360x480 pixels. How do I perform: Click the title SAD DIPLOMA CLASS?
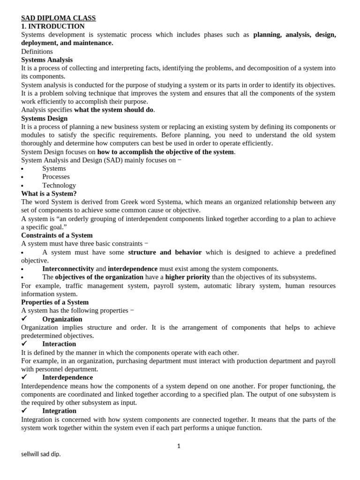point(58,18)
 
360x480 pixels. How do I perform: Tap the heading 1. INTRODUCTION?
point(53,26)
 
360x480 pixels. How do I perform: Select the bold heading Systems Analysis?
point(47,60)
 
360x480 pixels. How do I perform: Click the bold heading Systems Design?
point(45,118)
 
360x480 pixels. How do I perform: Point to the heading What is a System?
point(49,193)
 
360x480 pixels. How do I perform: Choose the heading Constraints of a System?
point(57,235)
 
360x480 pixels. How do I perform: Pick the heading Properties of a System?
point(55,302)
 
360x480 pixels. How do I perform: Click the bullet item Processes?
point(56,177)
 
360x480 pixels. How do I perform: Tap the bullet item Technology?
point(59,185)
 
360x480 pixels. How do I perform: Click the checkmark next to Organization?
point(24,319)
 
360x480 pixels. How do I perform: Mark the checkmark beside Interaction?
point(24,344)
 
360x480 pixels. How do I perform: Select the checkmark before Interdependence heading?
point(24,377)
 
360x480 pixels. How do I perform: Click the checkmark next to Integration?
point(24,411)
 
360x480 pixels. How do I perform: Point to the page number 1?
point(179,446)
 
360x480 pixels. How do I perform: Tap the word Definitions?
point(37,51)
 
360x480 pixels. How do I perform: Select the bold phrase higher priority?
point(187,277)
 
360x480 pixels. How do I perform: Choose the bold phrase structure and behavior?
point(165,252)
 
